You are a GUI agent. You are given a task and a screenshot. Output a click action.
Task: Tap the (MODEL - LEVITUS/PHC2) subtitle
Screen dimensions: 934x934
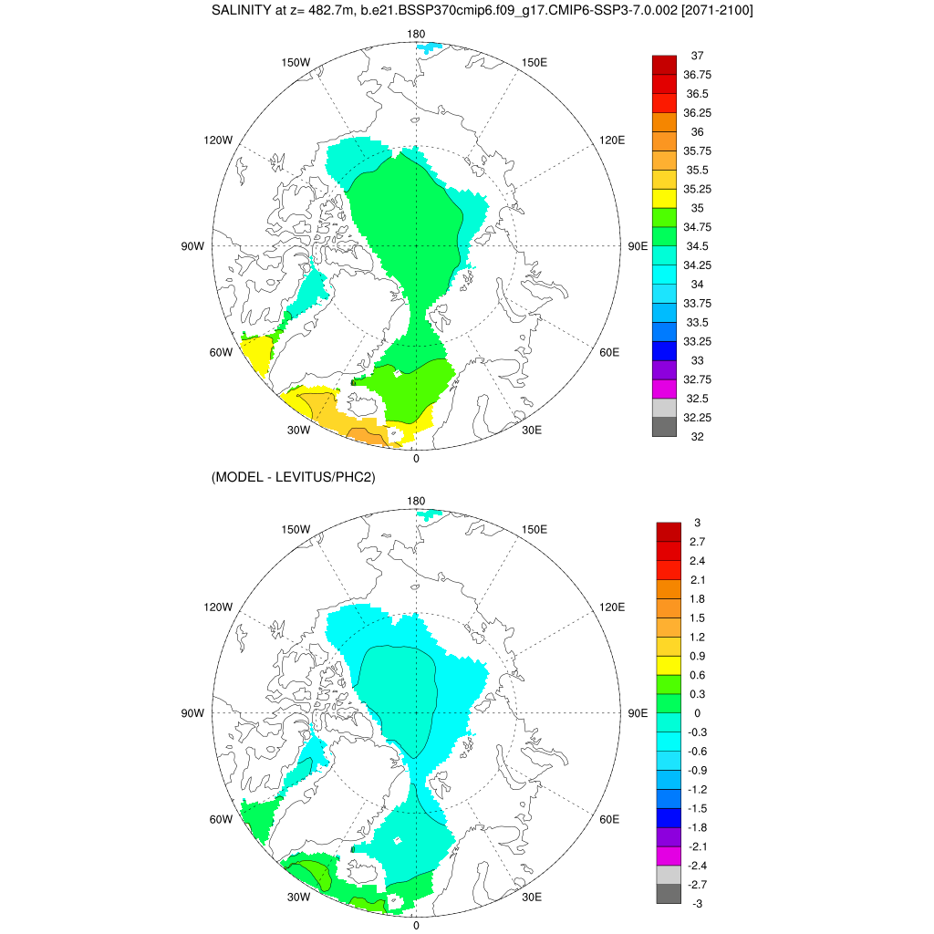[x=294, y=476]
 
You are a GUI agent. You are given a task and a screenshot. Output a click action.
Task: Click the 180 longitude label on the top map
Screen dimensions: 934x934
[x=417, y=35]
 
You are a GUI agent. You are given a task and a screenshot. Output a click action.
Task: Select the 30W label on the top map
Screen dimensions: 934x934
[x=300, y=431]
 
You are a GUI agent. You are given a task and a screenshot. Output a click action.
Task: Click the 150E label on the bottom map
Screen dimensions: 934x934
[x=534, y=529]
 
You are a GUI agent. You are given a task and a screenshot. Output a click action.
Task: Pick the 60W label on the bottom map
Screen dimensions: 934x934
[x=222, y=819]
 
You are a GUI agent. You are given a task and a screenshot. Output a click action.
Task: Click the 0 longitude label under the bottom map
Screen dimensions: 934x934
[x=417, y=925]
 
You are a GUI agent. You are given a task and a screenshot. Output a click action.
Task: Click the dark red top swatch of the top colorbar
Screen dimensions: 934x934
[x=664, y=65]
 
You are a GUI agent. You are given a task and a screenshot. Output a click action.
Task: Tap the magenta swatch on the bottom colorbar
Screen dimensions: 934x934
[x=669, y=856]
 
